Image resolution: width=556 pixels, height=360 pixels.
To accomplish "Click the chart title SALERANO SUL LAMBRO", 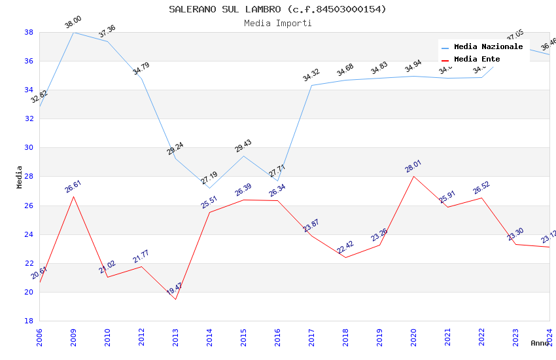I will [x=277, y=9].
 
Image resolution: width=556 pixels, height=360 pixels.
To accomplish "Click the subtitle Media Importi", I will [x=277, y=23].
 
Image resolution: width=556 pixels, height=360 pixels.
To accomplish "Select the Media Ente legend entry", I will [x=477, y=60].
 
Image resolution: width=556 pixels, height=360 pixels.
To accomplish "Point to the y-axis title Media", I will [x=20, y=177].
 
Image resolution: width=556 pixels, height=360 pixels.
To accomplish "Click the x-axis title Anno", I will [x=540, y=343].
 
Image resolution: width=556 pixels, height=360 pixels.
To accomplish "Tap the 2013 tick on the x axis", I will [x=175, y=336].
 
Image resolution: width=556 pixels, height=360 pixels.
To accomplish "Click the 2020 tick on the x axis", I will [x=413, y=336].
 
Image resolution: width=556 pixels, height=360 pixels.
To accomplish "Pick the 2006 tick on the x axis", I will [x=39, y=336].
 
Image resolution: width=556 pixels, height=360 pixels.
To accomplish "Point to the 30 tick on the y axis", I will [x=29, y=148].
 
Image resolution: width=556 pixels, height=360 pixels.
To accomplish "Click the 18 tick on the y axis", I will [x=29, y=321].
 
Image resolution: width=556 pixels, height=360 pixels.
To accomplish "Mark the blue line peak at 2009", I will [x=73, y=32].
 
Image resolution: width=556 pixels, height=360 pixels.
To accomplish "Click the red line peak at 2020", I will [x=413, y=176].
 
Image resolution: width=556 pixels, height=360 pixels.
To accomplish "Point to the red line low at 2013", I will [x=175, y=299].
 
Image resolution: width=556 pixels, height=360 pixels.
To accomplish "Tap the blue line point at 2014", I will [x=209, y=188].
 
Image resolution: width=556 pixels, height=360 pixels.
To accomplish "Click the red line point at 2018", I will [x=345, y=257].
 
